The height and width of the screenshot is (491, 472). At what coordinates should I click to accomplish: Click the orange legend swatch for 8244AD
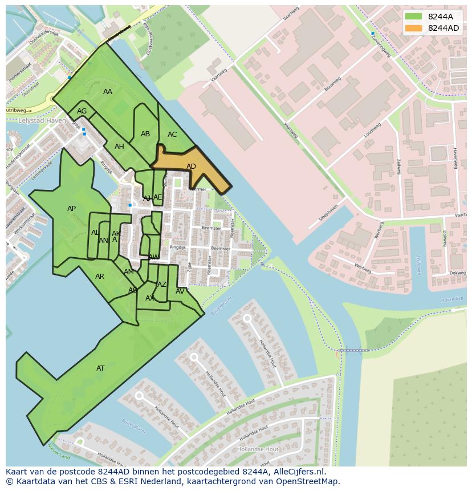tap(414, 28)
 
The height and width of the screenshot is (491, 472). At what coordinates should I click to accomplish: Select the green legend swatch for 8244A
tap(414, 17)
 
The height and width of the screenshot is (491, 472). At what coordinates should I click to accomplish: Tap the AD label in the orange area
tap(191, 167)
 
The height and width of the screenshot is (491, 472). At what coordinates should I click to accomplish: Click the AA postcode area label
tap(108, 92)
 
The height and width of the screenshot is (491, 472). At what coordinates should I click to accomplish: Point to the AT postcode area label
tap(100, 368)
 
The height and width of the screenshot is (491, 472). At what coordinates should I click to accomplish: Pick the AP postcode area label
tap(71, 209)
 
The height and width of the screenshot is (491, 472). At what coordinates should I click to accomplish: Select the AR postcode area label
tap(100, 277)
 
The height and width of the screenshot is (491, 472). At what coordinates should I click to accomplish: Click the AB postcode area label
tap(145, 134)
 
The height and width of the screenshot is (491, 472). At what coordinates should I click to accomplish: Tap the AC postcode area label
tap(172, 135)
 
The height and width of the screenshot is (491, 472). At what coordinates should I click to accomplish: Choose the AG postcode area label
tap(82, 111)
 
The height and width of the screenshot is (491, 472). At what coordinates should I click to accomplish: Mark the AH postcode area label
tap(119, 147)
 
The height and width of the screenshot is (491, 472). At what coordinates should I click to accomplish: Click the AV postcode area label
tap(180, 291)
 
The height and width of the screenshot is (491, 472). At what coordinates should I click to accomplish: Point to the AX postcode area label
tap(150, 298)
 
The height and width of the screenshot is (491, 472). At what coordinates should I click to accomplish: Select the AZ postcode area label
tap(162, 285)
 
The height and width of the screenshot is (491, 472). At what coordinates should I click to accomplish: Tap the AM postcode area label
tap(129, 272)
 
